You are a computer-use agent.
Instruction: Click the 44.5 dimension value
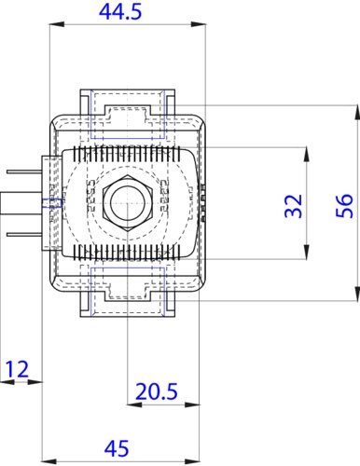[120, 12]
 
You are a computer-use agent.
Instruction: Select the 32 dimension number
[294, 206]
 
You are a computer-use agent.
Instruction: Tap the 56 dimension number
[344, 206]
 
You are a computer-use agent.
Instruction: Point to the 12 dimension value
[17, 369]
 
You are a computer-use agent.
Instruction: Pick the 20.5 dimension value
[157, 391]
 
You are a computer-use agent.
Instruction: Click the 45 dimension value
[117, 448]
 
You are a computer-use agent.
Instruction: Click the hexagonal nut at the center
[127, 203]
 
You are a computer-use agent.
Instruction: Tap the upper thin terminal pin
[24, 171]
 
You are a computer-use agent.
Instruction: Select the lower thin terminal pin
[24, 234]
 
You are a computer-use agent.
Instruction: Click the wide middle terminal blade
[21, 203]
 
